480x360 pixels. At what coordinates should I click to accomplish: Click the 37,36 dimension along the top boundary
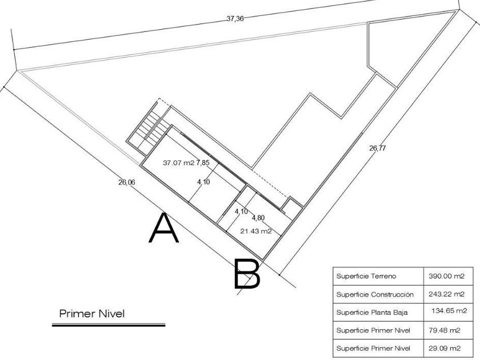click(235, 19)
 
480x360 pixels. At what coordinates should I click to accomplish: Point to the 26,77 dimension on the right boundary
click(378, 149)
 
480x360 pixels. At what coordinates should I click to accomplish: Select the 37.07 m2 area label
click(178, 163)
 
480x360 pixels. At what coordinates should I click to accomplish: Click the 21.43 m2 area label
click(255, 231)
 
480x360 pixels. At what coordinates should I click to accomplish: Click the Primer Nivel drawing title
click(91, 313)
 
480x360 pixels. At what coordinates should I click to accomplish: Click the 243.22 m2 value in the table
click(447, 294)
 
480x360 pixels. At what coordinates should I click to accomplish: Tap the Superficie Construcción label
click(374, 294)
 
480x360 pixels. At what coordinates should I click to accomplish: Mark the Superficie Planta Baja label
click(371, 312)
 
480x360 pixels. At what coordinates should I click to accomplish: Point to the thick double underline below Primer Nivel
click(109, 324)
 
